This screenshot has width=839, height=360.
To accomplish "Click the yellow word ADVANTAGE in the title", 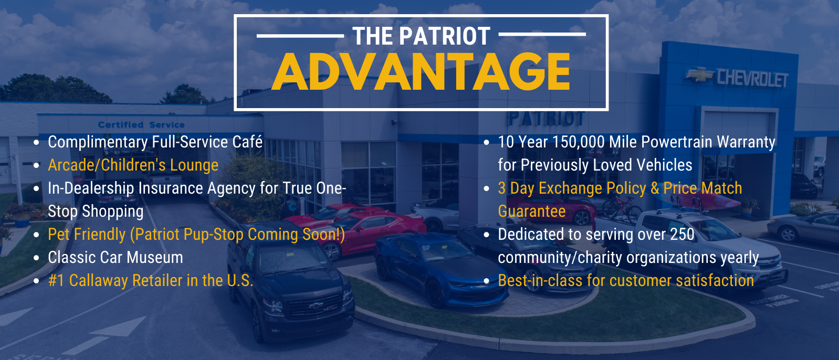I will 421,72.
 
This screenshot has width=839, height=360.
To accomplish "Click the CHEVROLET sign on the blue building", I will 752,79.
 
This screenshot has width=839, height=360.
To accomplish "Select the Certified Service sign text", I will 141,125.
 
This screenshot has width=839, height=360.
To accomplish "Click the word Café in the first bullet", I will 248,142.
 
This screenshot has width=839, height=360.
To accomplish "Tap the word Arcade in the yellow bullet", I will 72,165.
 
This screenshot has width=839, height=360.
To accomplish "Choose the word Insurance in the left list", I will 171,188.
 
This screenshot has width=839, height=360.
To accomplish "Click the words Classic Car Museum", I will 116,258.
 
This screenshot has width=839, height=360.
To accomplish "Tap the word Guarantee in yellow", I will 531,211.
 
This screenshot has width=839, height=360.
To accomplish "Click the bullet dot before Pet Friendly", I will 36,235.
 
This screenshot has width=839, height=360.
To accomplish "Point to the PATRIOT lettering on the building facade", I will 546,119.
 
